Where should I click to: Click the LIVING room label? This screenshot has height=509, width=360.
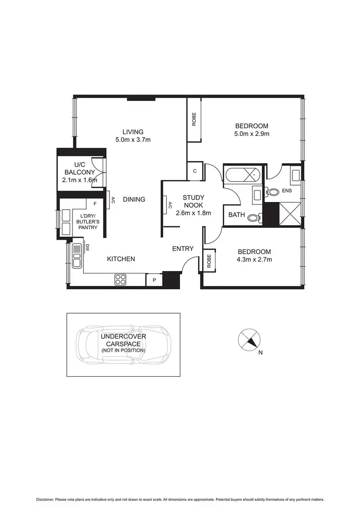pos(133,132)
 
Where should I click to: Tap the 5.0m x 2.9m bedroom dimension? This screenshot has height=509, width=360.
pos(252,134)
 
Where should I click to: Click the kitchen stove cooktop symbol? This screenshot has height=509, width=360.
pos(120,279)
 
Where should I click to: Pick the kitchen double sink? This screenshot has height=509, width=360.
pos(76,255)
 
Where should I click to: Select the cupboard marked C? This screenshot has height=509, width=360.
pos(195,171)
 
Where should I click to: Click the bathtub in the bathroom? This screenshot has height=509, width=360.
pos(243,176)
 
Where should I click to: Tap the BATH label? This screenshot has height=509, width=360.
pos(236,215)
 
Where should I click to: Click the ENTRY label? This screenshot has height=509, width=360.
pos(183,249)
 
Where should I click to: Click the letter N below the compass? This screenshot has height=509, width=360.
pos(261,353)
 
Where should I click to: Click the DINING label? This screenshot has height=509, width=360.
pos(133,200)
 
